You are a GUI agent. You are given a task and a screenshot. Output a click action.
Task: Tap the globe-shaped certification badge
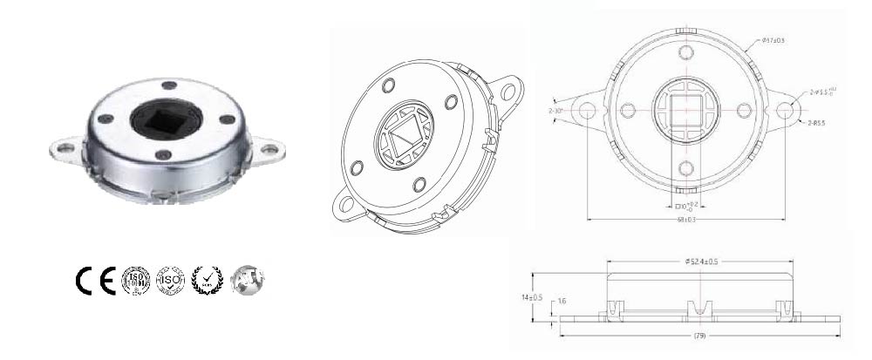pyautogui.click(x=248, y=279)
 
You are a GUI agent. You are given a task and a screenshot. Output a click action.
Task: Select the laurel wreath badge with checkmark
pyautogui.click(x=207, y=279)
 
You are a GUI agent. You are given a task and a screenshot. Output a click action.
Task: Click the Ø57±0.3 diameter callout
pyautogui.click(x=773, y=40)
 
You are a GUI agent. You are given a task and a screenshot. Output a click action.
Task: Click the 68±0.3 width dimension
pyautogui.click(x=685, y=219)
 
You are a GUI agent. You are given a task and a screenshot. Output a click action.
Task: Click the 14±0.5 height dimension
pyautogui.click(x=531, y=297)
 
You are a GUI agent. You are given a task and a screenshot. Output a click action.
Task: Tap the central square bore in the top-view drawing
pyautogui.click(x=685, y=111)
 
